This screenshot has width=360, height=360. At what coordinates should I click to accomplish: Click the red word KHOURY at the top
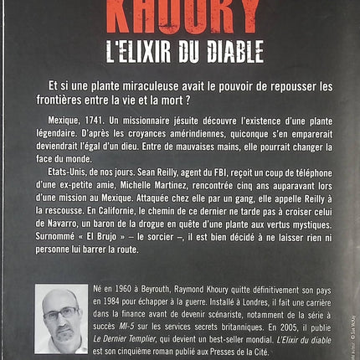[x=180, y=12]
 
